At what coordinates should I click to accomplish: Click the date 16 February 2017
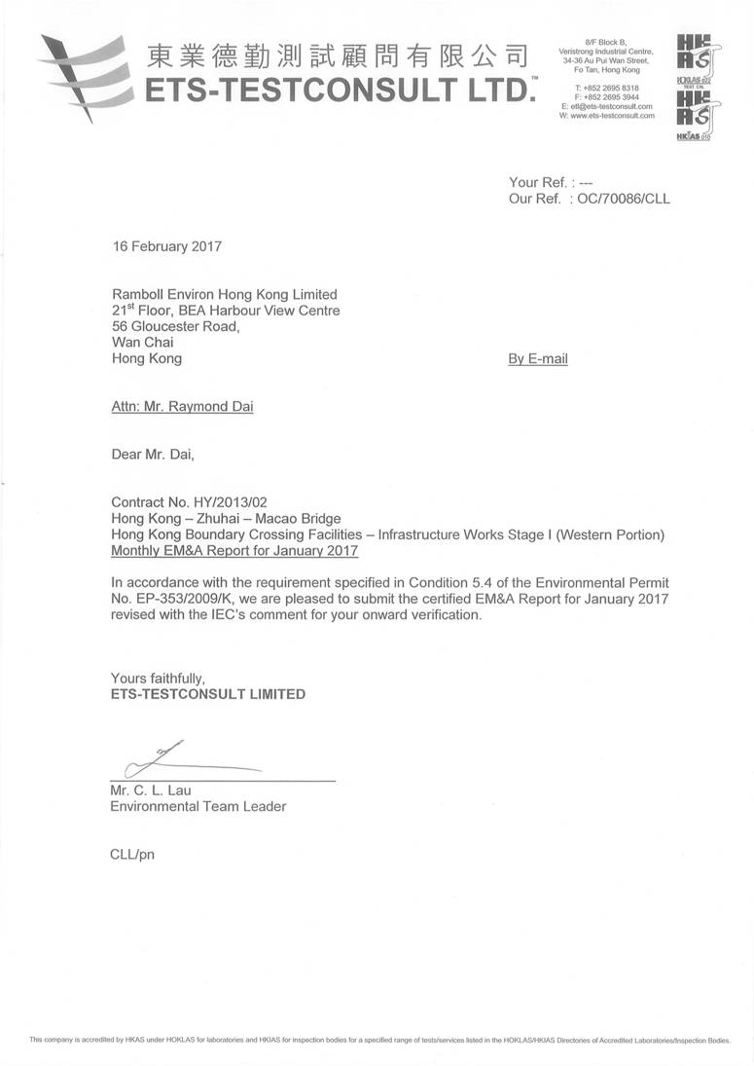(166, 246)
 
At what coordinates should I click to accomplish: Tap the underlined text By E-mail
(538, 359)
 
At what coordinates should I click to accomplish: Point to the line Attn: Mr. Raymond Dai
(182, 407)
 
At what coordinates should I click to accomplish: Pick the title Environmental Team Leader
(198, 806)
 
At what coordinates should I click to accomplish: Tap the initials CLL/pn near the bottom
(133, 854)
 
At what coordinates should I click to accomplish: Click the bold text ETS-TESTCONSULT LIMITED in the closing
(208, 694)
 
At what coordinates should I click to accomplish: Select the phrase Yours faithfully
(158, 678)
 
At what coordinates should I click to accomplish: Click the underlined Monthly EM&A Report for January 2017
(234, 552)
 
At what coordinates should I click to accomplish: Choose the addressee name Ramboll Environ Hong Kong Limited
(225, 294)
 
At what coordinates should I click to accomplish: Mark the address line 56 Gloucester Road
(175, 326)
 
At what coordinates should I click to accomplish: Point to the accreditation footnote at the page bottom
(379, 1040)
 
